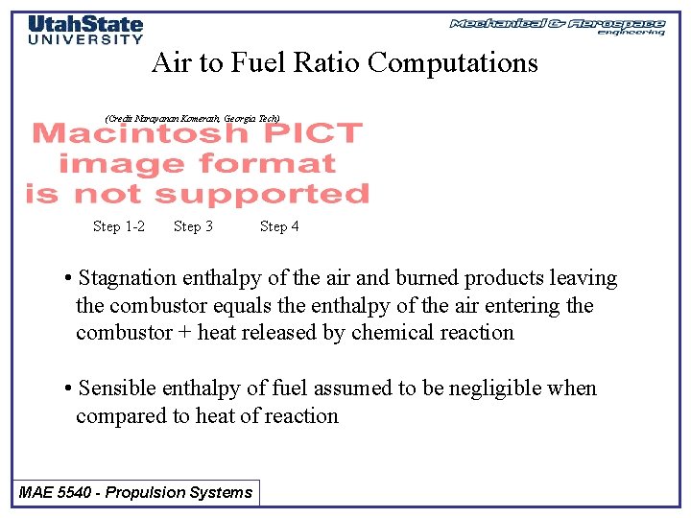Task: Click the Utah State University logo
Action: [x=85, y=29]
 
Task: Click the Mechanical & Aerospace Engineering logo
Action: [x=558, y=25]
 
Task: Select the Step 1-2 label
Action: [x=119, y=226]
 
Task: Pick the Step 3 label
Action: [x=193, y=226]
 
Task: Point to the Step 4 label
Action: [x=279, y=226]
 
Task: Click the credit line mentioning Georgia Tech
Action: [x=192, y=117]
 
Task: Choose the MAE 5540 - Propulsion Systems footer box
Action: [x=135, y=493]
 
